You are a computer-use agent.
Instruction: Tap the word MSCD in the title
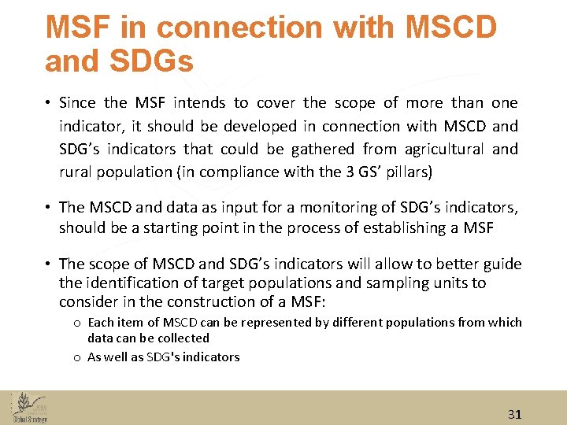(450, 27)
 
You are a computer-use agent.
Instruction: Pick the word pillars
(406, 172)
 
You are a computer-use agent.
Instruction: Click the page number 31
(514, 414)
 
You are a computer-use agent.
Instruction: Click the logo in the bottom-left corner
(29, 407)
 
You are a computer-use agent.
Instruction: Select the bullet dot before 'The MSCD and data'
(49, 207)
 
